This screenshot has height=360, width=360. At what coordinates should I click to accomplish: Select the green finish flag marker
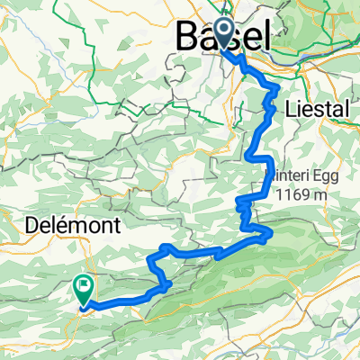84,290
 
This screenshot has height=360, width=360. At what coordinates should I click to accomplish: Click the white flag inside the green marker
85,287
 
